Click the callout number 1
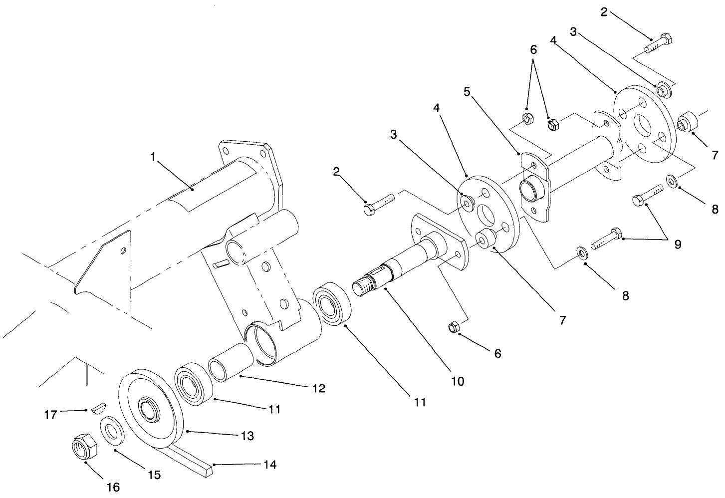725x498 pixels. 153,157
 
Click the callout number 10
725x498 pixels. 457,381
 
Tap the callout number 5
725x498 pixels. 467,92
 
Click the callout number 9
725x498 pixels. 677,245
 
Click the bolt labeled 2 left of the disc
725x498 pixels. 379,204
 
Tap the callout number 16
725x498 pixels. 113,487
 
